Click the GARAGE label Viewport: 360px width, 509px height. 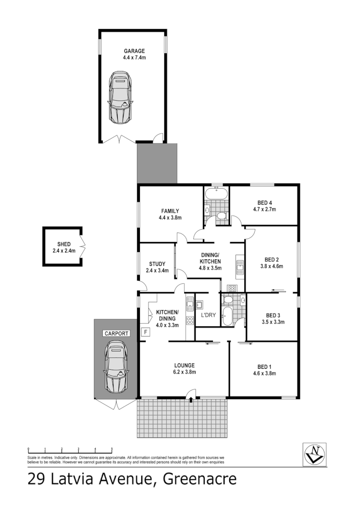click(134, 51)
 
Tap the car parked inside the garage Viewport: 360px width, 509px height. click(120, 97)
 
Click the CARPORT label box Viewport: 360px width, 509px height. click(116, 333)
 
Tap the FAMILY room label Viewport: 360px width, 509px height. click(170, 211)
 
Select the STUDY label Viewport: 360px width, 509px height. click(157, 264)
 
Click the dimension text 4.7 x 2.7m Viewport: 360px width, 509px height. click(264, 209)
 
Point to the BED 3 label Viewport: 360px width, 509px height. click(273, 315)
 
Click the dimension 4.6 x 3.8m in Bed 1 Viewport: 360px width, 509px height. click(264, 373)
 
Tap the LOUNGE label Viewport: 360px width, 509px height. click(185, 365)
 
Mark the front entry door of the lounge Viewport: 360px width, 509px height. click(191, 398)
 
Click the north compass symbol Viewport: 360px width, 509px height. click(315, 453)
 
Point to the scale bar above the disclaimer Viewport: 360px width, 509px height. click(70, 450)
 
